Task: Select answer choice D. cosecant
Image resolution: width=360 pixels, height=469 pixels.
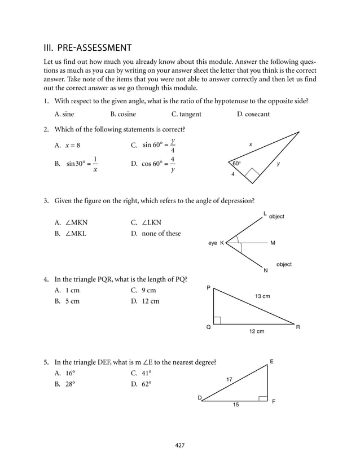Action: [253, 115]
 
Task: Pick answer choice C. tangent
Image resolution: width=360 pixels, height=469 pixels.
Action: [186, 115]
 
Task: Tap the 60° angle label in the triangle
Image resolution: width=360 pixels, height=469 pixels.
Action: [236, 164]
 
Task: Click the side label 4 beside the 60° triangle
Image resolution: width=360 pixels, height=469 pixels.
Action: [232, 174]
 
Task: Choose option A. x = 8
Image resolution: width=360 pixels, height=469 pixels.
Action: [67, 145]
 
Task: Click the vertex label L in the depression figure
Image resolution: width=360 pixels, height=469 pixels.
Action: [265, 213]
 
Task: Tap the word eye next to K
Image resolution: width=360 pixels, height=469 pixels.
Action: [212, 243]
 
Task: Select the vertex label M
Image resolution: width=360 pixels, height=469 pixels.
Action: [273, 243]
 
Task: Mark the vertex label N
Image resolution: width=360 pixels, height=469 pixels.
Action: [265, 271]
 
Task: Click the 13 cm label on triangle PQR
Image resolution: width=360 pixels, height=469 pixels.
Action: [262, 296]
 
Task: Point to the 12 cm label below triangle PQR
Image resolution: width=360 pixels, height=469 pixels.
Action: [257, 331]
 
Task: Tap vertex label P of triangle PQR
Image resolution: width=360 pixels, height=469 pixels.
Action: [208, 288]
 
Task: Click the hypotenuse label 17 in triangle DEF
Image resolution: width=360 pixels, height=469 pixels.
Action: [230, 379]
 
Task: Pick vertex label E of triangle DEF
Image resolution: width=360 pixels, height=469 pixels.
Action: [271, 361]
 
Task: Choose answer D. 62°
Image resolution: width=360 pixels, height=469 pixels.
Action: [141, 384]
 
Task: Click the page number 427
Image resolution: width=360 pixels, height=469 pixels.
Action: [180, 445]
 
